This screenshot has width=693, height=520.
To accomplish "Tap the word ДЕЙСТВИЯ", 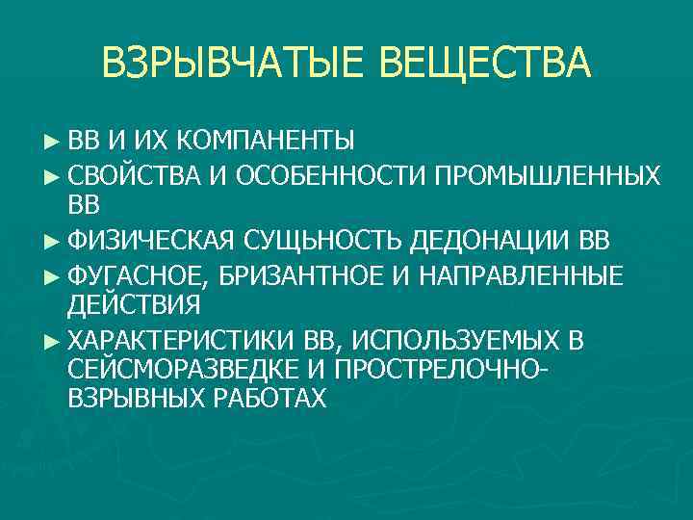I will (x=135, y=306).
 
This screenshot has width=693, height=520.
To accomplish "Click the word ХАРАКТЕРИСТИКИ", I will (x=182, y=340).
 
